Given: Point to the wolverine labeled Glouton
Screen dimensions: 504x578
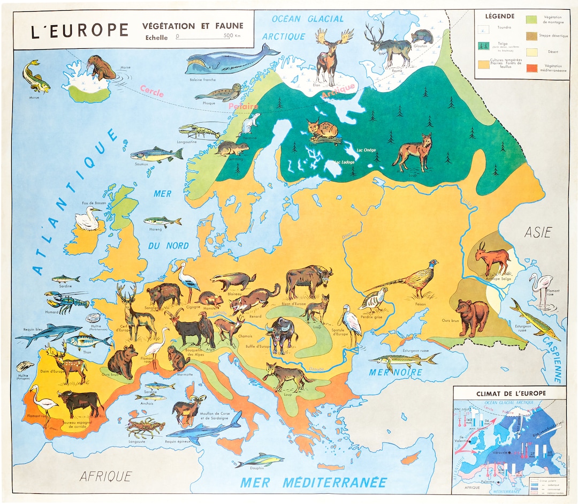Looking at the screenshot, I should coord(421,36).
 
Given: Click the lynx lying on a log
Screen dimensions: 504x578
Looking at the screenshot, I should coord(322,131).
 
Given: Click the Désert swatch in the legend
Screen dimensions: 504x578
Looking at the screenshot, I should coord(533,52).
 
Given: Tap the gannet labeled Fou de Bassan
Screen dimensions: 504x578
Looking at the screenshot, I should coord(87,219).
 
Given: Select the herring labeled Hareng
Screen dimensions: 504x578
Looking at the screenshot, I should coord(162,221).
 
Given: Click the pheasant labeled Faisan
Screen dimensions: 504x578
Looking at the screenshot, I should coord(412,280).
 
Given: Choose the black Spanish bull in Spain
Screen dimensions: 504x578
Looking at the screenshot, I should coord(80,402).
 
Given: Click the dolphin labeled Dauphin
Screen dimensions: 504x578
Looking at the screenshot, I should coord(260,460).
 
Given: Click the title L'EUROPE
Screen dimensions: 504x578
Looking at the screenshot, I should coord(80,31).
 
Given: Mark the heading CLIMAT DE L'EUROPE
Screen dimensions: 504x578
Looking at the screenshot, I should coord(511,393).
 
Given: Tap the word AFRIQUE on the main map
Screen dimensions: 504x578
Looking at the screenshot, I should coord(105,476).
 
